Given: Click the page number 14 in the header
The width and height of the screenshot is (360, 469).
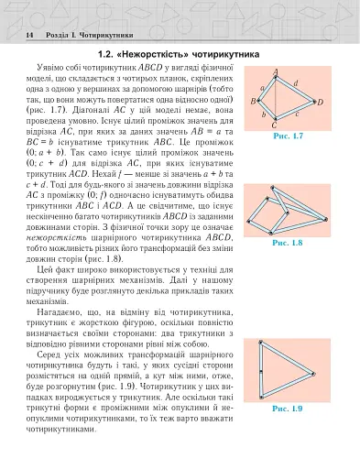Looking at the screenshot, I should [x=30, y=34].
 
